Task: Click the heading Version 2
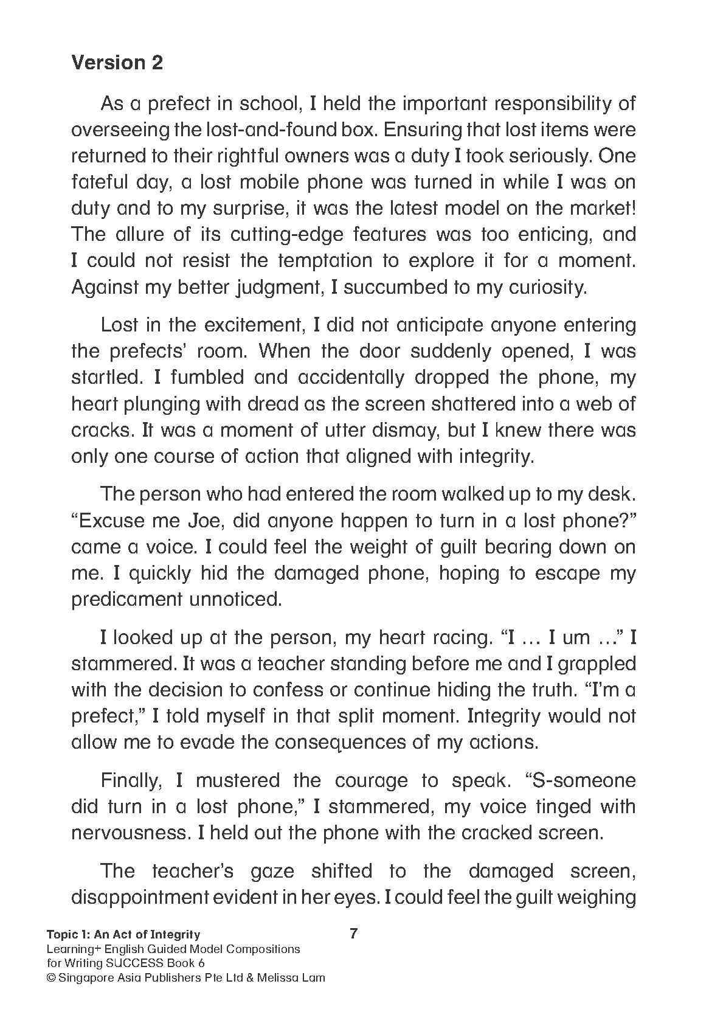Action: pos(117,63)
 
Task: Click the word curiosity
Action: pos(542,287)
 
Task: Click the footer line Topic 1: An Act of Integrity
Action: pos(123,934)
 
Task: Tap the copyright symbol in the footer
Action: pos(52,978)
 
